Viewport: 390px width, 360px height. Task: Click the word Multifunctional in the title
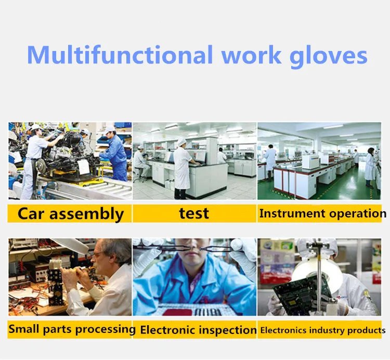coord(120,55)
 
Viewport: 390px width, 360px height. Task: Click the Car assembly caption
coord(70,214)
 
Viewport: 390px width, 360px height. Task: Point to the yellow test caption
coord(194,213)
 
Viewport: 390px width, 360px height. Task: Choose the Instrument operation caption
coord(322,213)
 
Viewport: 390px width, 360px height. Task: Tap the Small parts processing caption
coord(71,329)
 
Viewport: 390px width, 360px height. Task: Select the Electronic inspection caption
coord(198,330)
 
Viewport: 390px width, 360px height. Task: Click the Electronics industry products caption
coord(322,330)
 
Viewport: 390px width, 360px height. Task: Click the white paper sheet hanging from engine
coord(83,166)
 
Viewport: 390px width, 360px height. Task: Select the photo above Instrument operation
coord(319,161)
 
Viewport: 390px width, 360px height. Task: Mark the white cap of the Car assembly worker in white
coord(35,127)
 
